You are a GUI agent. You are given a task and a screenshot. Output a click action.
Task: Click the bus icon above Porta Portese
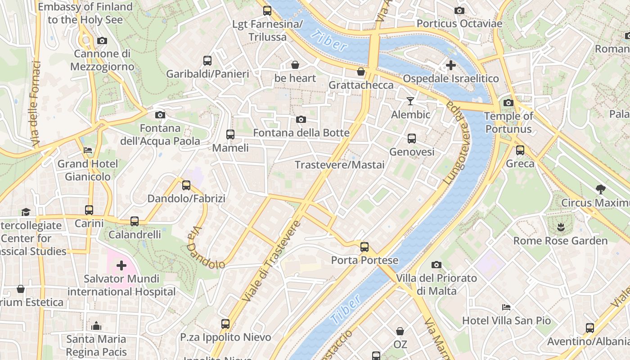coord(364,247)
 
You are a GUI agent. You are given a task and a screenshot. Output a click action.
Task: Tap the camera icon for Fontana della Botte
coord(301,119)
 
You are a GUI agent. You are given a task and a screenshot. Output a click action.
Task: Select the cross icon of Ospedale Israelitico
coord(450,66)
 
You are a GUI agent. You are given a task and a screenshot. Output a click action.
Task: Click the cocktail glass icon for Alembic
coord(410,101)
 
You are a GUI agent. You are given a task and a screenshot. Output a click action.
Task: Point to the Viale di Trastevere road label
coord(270,261)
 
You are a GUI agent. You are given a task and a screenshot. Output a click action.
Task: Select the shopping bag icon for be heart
coord(295,65)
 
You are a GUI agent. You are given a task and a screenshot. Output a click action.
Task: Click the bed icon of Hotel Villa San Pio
coord(506,307)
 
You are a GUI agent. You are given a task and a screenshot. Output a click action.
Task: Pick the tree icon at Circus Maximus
coord(600,189)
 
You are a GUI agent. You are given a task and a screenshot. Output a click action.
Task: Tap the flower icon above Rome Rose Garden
coord(560,227)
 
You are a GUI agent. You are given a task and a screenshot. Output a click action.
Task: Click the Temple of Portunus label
coord(508,122)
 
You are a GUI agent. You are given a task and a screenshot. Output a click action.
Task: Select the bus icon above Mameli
coord(230,134)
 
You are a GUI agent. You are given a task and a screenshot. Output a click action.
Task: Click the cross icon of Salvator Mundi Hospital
coord(121,265)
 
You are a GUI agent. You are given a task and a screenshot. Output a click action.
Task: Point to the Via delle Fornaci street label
coord(36,104)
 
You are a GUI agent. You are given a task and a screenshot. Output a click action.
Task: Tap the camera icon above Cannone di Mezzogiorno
coord(102,40)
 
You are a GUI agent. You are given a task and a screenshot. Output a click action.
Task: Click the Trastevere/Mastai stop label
coord(340,165)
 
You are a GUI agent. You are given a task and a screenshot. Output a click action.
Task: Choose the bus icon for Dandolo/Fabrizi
coord(186,185)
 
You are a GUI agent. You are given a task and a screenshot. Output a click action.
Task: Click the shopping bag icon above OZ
coord(400,332)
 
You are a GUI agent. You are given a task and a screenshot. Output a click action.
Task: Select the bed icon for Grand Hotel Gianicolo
coord(88,150)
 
